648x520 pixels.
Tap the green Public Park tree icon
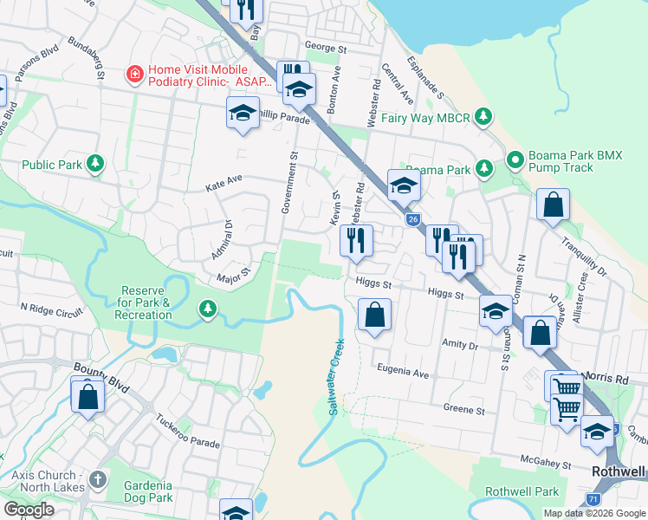pos(96,165)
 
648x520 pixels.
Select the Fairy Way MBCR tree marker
pos(485,116)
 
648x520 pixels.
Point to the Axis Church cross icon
pos(98,479)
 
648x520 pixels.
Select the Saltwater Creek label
pos(335,377)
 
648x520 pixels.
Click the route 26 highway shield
pos(412,220)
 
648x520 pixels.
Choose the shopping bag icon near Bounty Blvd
pos(87,397)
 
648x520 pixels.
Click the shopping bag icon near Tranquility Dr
pos(553,206)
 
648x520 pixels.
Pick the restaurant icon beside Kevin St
pos(356,240)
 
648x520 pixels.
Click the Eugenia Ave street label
pos(403,374)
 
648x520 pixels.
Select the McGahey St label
pos(546,464)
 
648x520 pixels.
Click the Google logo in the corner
pos(28,510)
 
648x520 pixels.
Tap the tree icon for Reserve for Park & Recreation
pos(207,309)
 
